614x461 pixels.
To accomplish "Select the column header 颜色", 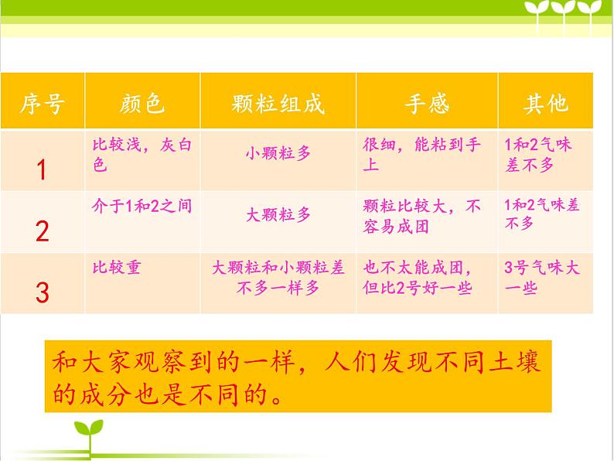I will coord(142,103).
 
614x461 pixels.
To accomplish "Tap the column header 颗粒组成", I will coord(278,103).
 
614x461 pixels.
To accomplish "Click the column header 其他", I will coord(546,103).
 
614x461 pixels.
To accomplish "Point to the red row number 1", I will coord(42,169).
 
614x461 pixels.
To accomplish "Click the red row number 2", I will coord(42,230).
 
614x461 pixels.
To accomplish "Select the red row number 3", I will coord(42,292).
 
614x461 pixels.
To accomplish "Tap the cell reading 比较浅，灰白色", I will coord(142,154).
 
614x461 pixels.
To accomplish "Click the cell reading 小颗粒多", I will coord(278,153).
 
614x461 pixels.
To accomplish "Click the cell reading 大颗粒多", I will coord(278,215).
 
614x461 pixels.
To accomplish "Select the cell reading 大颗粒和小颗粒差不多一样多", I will coord(278,278).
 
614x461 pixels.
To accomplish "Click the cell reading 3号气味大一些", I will coord(541,278).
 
